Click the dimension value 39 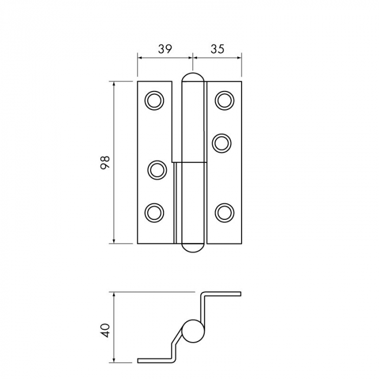coord(165,48)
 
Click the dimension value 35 coord(217,48)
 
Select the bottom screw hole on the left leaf coord(154,212)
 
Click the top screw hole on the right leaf coord(224,101)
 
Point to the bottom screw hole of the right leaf coord(224,212)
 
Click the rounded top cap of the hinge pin coord(193,78)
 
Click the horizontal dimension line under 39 coord(165,56)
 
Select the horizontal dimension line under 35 coord(217,56)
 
